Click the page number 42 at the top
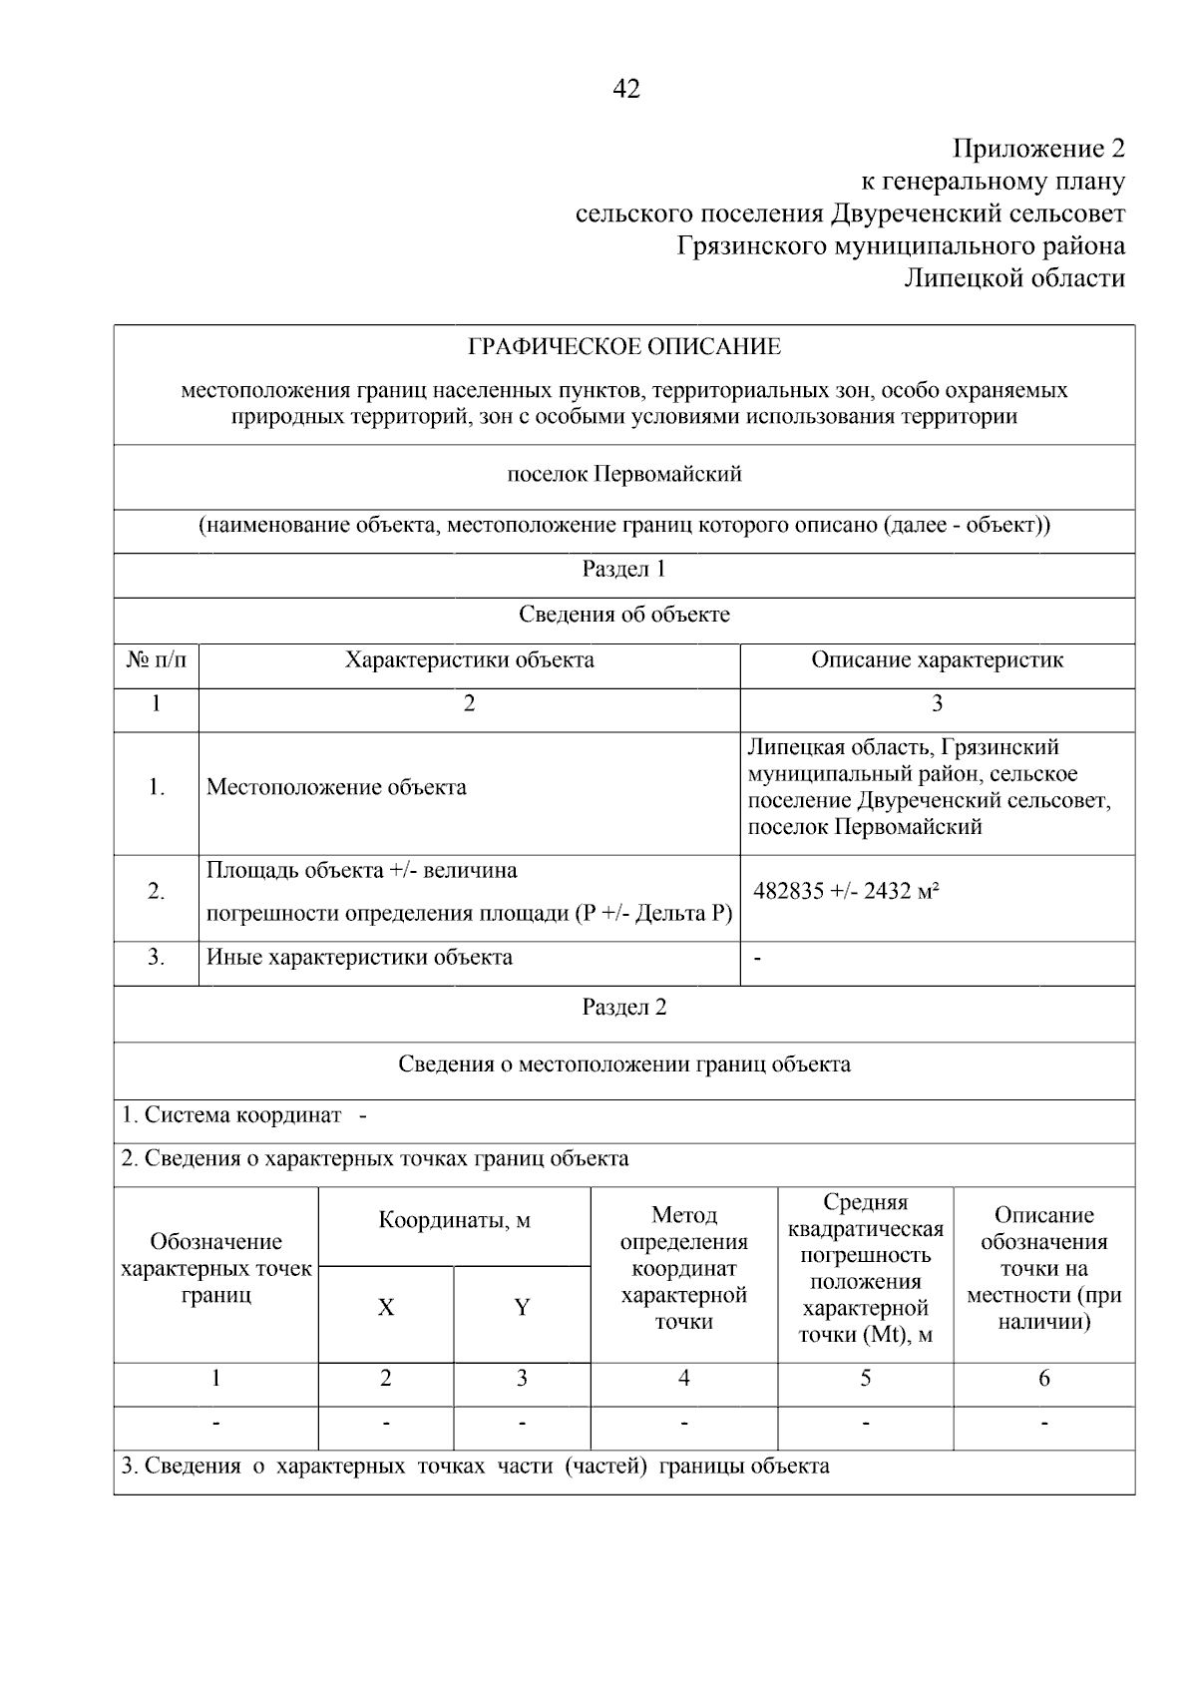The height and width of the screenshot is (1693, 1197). (625, 90)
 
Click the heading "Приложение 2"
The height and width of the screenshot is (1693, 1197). (1038, 150)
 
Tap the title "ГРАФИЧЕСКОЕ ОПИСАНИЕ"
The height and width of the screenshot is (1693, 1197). (624, 347)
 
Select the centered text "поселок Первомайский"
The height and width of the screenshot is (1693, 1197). (624, 474)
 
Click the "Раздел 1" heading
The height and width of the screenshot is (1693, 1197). (624, 570)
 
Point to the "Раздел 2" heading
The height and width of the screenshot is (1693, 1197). (624, 1008)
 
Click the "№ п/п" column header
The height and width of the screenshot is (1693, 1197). (157, 660)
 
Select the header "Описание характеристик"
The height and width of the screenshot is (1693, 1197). (937, 660)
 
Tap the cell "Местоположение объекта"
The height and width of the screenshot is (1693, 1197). (336, 787)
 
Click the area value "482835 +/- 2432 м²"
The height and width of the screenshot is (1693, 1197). (846, 892)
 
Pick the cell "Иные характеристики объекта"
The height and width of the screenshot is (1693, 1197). (359, 958)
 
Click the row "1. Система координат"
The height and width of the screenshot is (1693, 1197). (243, 1115)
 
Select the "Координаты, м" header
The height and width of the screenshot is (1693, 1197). (454, 1220)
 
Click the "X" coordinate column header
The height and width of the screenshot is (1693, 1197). (385, 1308)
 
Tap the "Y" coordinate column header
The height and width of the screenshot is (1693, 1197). (522, 1308)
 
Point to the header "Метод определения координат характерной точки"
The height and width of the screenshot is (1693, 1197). (683, 1268)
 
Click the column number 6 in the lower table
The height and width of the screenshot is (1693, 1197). (1043, 1379)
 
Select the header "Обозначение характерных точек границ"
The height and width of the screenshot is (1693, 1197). (215, 1268)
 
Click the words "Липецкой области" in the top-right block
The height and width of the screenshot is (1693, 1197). (1013, 278)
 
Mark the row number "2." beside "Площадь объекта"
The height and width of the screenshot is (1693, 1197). (157, 892)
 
